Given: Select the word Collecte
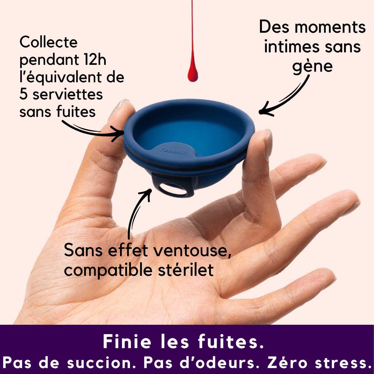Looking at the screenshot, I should tap(48, 42).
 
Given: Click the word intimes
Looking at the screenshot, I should tap(287, 47).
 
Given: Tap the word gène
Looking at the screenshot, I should tap(312, 66).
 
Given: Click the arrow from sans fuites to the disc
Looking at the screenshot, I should tap(93, 131).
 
